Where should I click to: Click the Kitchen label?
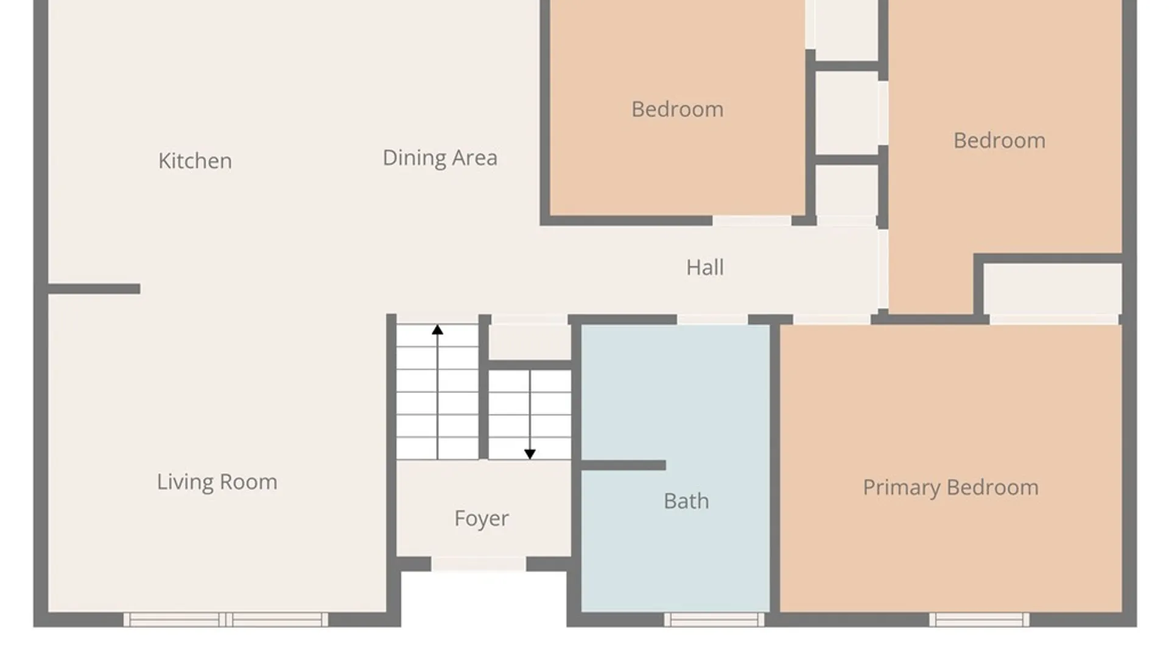tap(195, 161)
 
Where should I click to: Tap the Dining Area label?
tap(440, 158)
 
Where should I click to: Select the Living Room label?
tap(217, 482)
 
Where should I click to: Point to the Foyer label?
tap(481, 519)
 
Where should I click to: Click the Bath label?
tap(686, 501)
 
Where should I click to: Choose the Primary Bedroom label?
tap(950, 488)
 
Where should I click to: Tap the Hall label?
tap(705, 268)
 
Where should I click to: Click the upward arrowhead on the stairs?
tap(437, 330)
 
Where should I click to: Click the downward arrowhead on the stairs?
tap(530, 454)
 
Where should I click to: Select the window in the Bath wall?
tap(714, 619)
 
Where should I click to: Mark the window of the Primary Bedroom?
tap(979, 619)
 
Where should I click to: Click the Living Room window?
tap(226, 619)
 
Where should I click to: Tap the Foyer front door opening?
tap(479, 564)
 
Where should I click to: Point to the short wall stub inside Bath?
tap(623, 465)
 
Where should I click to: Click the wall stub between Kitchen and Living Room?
tap(94, 289)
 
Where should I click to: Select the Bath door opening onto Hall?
tap(712, 319)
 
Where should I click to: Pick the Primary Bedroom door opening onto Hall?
tap(832, 319)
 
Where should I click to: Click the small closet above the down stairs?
tap(530, 342)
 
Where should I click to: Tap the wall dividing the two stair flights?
tap(484, 387)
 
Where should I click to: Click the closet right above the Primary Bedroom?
tap(1053, 289)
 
